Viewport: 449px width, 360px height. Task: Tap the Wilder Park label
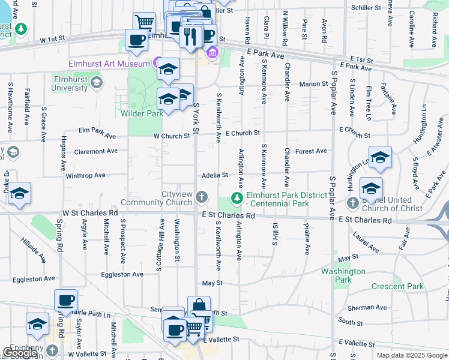[x=142, y=113]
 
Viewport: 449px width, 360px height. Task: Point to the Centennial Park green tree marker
[x=238, y=198]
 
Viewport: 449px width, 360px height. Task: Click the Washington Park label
[x=343, y=275]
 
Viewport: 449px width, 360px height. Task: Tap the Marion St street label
[x=314, y=84]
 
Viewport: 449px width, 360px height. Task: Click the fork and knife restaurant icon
[x=191, y=36]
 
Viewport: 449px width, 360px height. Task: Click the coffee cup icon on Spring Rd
[x=65, y=300]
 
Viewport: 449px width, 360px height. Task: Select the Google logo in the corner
[x=20, y=353]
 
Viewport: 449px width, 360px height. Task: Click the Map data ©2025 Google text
[x=411, y=355]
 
